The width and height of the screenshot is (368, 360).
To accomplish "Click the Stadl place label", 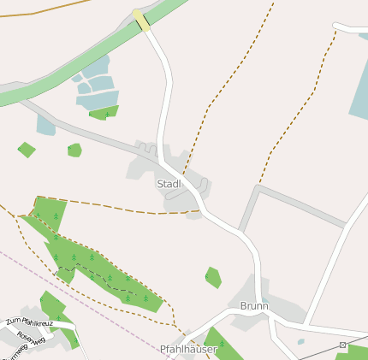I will pyautogui.click(x=169, y=184).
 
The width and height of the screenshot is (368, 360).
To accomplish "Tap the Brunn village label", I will pyautogui.click(x=253, y=305).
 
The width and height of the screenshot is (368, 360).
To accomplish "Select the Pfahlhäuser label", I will pyautogui.click(x=188, y=349).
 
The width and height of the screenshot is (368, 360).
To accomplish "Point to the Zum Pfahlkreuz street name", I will pyautogui.click(x=29, y=322).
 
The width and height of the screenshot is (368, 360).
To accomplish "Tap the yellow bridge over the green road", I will pyautogui.click(x=141, y=20).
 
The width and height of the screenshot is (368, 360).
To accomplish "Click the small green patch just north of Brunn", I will pyautogui.click(x=213, y=277).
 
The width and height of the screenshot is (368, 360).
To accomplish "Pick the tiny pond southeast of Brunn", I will pyautogui.click(x=300, y=342).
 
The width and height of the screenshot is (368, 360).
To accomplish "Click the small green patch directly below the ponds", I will pyautogui.click(x=104, y=113).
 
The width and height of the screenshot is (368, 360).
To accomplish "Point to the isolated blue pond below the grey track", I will pyautogui.click(x=45, y=127).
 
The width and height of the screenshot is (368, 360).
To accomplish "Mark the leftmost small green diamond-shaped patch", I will pyautogui.click(x=27, y=150).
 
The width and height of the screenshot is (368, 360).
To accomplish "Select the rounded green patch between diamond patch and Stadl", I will pyautogui.click(x=74, y=150).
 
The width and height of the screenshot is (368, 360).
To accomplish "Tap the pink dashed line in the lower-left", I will pyautogui.click(x=86, y=295).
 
